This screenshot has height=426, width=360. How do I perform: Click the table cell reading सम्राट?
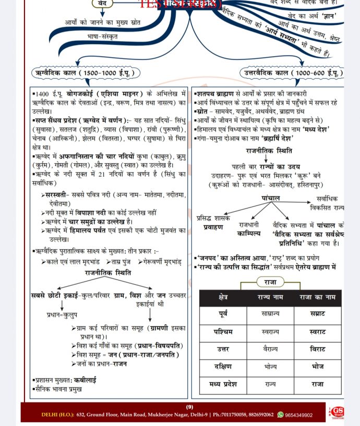point(317,314)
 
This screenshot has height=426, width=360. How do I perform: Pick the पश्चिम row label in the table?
point(223,331)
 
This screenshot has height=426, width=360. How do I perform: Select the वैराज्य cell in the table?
point(270,349)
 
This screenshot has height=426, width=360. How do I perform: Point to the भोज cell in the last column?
point(317,367)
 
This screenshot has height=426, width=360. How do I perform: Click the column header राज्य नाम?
point(270,297)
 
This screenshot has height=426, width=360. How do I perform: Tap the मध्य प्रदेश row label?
point(223,384)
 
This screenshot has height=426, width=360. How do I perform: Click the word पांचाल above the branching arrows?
point(271,198)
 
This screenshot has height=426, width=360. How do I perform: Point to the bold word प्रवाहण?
point(213,227)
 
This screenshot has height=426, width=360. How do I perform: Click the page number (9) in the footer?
point(189,407)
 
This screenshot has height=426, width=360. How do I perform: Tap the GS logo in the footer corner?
point(337,412)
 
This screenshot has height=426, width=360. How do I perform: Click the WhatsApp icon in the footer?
point(281,415)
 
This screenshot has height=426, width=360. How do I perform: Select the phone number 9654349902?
point(299,415)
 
